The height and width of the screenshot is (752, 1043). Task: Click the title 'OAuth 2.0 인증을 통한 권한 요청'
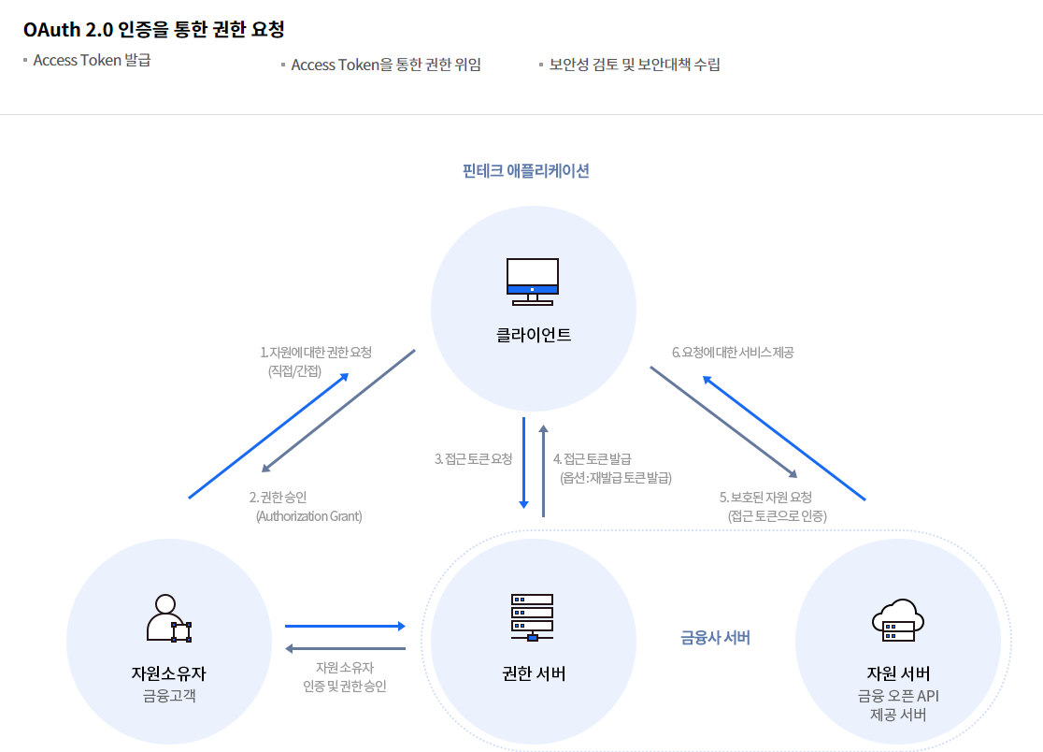(x=154, y=29)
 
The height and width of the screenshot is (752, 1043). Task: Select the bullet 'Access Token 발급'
(x=92, y=61)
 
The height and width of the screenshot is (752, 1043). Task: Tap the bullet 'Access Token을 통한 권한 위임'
(x=385, y=65)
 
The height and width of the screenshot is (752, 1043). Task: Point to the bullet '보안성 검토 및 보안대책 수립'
(x=635, y=65)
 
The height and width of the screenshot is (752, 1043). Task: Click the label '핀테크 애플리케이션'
(x=526, y=171)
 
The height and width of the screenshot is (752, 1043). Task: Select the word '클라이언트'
(x=533, y=334)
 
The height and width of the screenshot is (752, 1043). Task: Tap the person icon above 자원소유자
(x=168, y=619)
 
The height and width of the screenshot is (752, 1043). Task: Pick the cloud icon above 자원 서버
(x=897, y=618)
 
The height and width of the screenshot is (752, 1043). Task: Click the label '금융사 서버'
(x=715, y=638)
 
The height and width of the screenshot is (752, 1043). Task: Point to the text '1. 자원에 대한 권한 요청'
(x=316, y=353)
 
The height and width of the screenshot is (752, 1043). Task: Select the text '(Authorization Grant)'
(x=308, y=515)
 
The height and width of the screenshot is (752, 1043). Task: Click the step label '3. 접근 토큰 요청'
(x=474, y=459)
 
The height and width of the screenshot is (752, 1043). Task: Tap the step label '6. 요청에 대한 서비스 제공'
(x=733, y=353)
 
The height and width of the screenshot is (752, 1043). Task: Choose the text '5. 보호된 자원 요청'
(x=765, y=497)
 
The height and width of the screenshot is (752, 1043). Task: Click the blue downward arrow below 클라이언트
(x=524, y=463)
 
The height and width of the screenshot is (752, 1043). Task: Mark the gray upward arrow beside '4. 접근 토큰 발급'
(x=543, y=468)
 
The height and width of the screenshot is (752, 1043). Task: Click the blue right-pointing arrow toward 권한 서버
(x=345, y=626)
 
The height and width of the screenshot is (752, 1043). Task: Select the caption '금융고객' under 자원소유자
(x=169, y=695)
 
